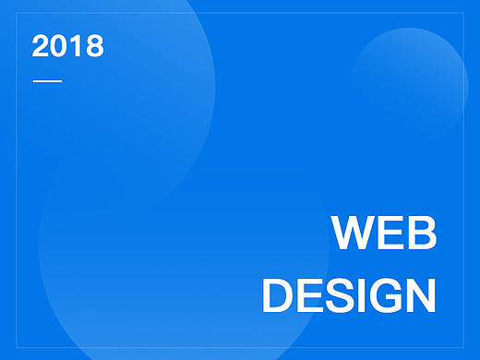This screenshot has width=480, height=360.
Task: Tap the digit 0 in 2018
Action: point(59,46)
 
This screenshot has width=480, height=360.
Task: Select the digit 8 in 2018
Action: point(93,46)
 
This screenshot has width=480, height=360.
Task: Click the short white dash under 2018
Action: point(47,81)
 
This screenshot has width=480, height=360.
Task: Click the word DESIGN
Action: point(348,296)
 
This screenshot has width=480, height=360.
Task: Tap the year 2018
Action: point(67,46)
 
